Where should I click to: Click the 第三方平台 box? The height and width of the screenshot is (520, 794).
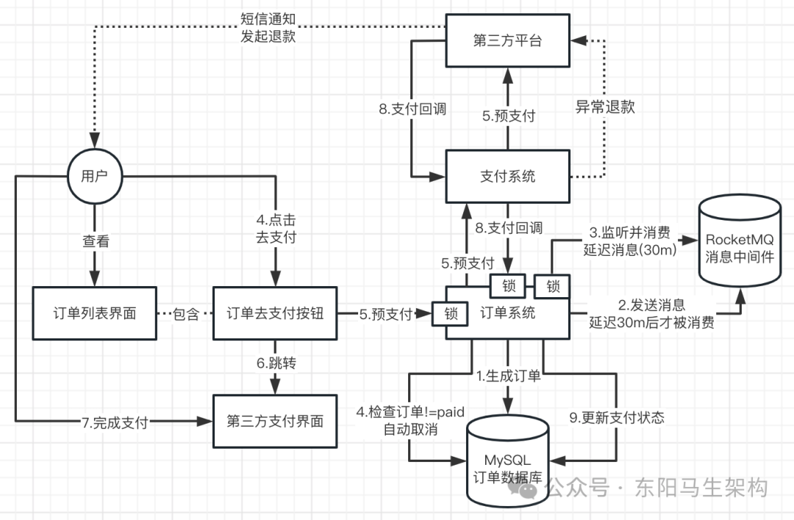click(507, 40)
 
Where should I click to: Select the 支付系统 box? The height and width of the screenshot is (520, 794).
click(507, 176)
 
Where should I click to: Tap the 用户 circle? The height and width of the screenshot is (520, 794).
click(94, 176)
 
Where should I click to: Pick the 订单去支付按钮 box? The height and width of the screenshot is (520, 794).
click(274, 313)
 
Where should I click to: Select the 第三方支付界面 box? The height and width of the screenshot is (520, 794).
click(274, 421)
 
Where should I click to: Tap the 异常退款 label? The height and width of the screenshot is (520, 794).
click(604, 107)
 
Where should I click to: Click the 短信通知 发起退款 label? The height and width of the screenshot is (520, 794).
click(268, 28)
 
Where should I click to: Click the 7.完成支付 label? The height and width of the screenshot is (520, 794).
click(115, 422)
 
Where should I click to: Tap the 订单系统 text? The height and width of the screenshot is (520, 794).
click(507, 313)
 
